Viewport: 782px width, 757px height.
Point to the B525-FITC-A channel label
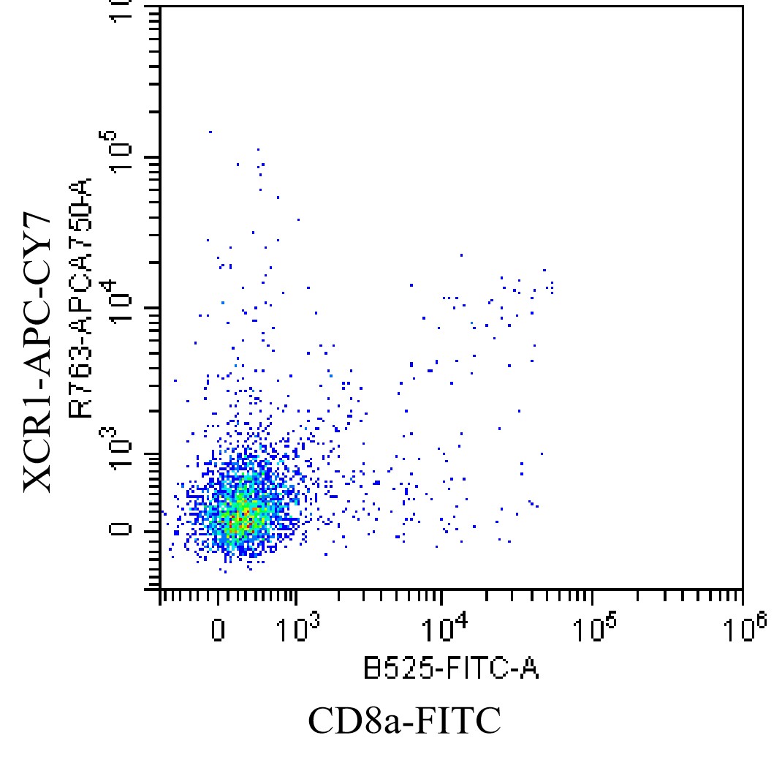pos(451,667)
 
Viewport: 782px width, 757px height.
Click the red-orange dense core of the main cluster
pos(241,521)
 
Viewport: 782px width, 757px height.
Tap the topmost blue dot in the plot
pos(210,132)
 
